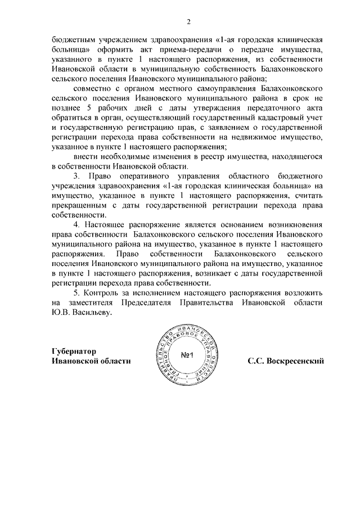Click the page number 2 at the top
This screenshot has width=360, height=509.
pos(189,22)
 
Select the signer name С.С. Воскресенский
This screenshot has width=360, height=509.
pos(287,361)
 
